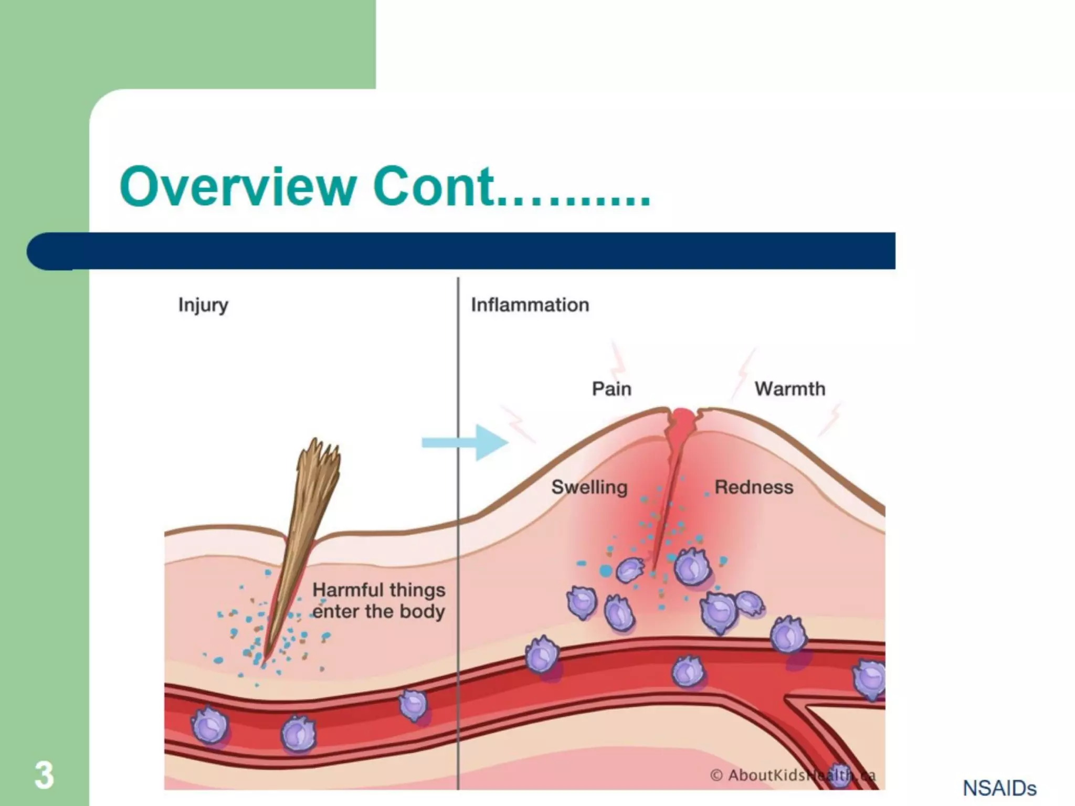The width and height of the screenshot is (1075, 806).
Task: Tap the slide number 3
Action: point(44,775)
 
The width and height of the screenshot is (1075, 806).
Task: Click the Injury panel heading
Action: point(203,305)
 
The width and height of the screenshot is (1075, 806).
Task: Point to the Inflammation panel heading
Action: point(530,305)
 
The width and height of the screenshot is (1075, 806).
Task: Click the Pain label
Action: point(612,389)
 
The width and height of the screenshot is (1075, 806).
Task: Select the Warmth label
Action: point(789,389)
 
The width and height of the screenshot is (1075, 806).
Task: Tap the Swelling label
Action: point(589,487)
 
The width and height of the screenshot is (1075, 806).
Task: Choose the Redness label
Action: point(754,487)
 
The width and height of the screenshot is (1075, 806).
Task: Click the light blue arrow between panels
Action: point(465,443)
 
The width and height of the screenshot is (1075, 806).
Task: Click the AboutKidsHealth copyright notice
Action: point(793,775)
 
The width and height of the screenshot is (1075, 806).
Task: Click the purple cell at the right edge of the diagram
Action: point(870,680)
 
